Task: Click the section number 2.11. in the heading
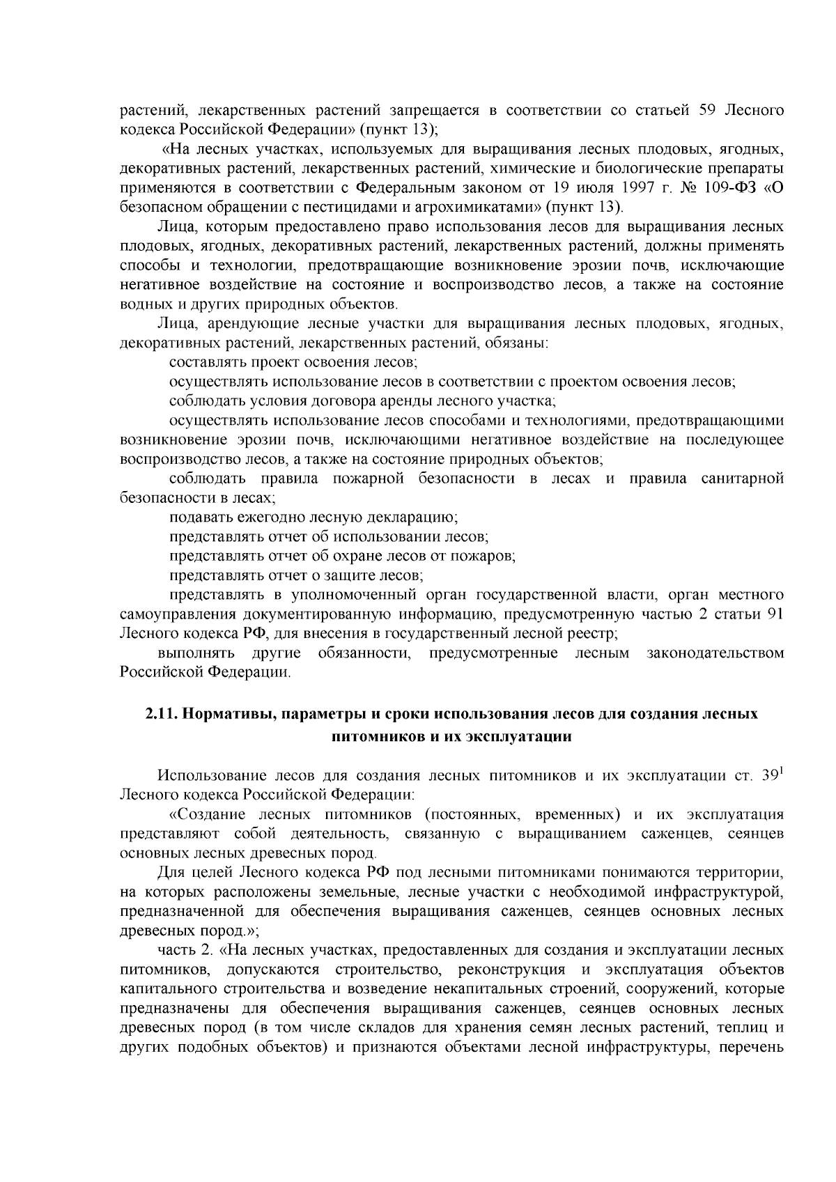(163, 715)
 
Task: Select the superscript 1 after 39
(782, 772)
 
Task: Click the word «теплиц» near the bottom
(742, 1028)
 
